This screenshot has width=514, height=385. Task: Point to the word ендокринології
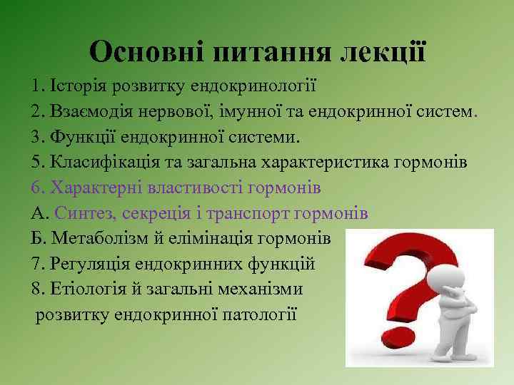click(x=254, y=86)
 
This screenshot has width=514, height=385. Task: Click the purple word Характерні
click(x=96, y=188)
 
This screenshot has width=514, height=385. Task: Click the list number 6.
click(x=36, y=188)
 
